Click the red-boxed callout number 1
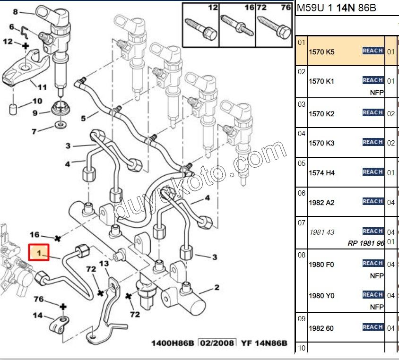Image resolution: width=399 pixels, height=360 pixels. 40,252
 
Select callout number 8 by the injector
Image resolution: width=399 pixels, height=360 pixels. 15,11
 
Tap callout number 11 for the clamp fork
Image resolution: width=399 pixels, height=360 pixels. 42,87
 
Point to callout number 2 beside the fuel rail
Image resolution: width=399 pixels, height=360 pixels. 217,287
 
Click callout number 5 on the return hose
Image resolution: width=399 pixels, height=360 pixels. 83,118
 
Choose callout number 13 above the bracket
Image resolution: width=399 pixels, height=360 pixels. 104,263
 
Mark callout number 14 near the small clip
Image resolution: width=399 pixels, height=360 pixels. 37,316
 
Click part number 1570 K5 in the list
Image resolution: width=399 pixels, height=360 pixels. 321,52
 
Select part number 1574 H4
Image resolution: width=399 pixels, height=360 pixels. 321,173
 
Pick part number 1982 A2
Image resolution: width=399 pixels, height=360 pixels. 321,202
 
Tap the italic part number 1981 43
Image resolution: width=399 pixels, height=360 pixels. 321,232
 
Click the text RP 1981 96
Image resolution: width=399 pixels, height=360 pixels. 366,243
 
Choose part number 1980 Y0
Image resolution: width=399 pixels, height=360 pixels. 321,296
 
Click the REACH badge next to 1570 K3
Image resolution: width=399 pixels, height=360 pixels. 373,142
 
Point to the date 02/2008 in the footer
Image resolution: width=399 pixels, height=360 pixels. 217,343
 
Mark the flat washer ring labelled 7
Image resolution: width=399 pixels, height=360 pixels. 60,125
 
